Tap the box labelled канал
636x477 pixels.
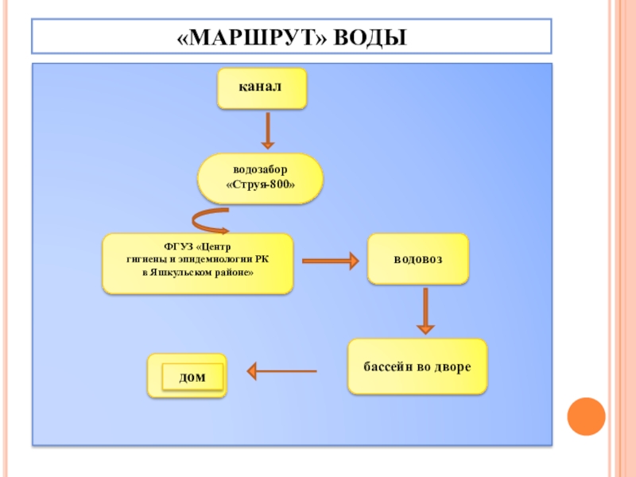[x=262, y=88]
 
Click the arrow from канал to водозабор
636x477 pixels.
[x=268, y=130]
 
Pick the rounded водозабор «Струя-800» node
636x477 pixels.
[x=260, y=178]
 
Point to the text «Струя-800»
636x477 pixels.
[x=262, y=185]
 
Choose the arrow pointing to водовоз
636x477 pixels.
[x=330, y=260]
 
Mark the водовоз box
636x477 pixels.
[x=418, y=259]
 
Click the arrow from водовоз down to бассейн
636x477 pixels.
[x=426, y=310]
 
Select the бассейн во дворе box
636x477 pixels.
[x=417, y=366]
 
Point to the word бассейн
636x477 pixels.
[x=389, y=367]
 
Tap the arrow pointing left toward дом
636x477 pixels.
[x=281, y=370]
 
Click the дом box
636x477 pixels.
[x=191, y=376]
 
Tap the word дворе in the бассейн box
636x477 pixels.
[x=455, y=367]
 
